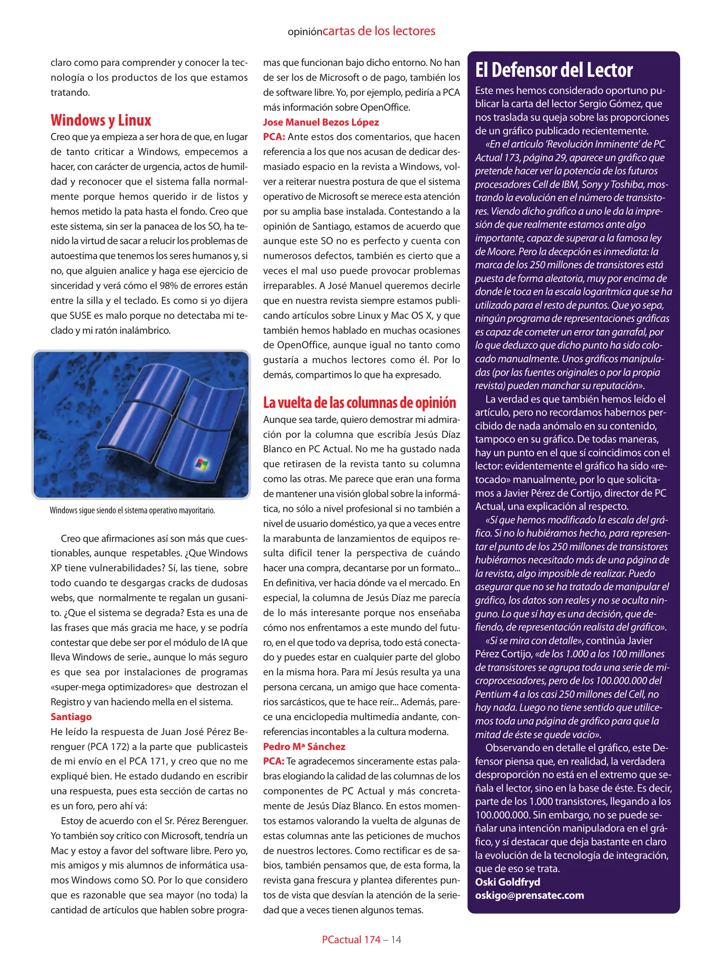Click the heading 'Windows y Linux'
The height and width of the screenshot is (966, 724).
(x=101, y=120)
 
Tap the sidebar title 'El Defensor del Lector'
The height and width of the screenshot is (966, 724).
(x=554, y=70)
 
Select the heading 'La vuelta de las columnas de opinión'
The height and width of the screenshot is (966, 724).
(x=359, y=402)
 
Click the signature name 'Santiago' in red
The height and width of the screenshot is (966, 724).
(x=71, y=716)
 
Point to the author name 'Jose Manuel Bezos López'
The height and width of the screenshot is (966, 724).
(x=321, y=122)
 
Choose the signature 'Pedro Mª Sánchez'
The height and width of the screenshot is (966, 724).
(x=304, y=746)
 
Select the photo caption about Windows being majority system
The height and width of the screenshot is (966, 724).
(x=132, y=510)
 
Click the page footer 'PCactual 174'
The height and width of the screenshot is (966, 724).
(x=351, y=940)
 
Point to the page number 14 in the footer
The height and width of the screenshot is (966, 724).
(x=396, y=940)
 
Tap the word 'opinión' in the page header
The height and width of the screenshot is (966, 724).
(x=305, y=32)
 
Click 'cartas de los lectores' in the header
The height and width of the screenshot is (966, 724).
(x=379, y=31)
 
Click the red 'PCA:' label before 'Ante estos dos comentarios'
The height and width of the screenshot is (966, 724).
(x=274, y=137)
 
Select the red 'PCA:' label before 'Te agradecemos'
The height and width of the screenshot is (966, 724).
(x=274, y=761)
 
